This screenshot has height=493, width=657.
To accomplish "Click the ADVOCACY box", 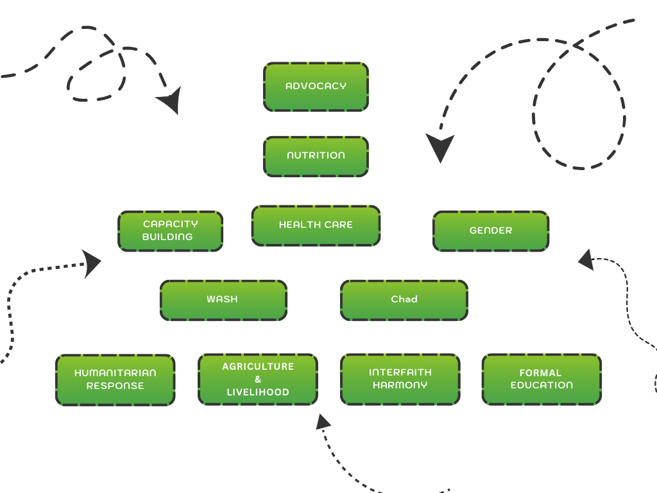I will click(316, 87).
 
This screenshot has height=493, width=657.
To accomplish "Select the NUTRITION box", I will click(316, 156).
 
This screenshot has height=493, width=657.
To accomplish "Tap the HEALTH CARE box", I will click(316, 225).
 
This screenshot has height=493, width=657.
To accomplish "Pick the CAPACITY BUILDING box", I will click(170, 230).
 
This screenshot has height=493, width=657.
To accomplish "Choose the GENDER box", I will click(491, 230).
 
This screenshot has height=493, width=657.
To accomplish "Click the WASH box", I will click(223, 300).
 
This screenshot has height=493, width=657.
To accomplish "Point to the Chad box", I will click(404, 300).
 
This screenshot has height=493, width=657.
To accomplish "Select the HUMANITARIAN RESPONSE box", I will click(115, 379).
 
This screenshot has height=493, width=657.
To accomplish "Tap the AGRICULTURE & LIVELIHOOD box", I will click(258, 379).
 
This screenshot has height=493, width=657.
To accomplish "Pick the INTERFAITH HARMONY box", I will click(400, 379).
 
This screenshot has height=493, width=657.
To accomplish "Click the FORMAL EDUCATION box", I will click(542, 379).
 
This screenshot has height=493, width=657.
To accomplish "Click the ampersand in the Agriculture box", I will click(258, 379).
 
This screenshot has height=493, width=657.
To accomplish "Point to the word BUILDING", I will click(167, 237).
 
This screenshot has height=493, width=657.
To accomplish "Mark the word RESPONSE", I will click(115, 386).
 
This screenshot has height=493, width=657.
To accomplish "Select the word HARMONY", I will click(400, 386).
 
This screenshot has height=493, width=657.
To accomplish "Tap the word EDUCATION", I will click(542, 386).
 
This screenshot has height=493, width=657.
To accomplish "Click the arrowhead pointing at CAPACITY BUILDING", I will click(94, 263).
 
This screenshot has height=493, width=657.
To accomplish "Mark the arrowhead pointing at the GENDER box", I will click(585, 260).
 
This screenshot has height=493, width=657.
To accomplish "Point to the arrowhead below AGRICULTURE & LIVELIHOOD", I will click(322, 422).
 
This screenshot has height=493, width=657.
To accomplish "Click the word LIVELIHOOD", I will click(258, 392).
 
